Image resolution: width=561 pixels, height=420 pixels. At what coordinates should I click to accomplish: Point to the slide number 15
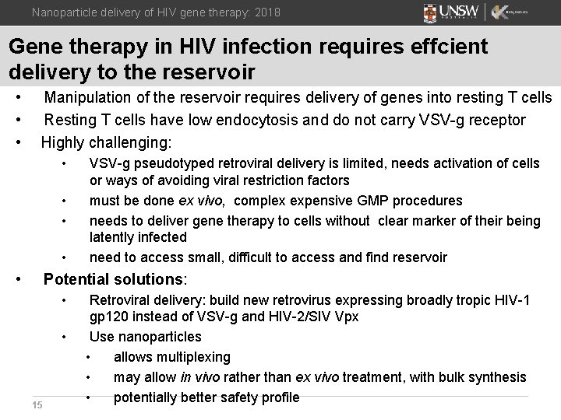(x=37, y=404)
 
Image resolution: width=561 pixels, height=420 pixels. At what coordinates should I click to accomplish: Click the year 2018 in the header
(x=265, y=12)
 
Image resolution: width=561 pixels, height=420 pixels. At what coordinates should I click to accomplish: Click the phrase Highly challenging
(x=106, y=142)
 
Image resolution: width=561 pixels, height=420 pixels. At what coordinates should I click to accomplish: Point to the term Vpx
(x=344, y=317)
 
